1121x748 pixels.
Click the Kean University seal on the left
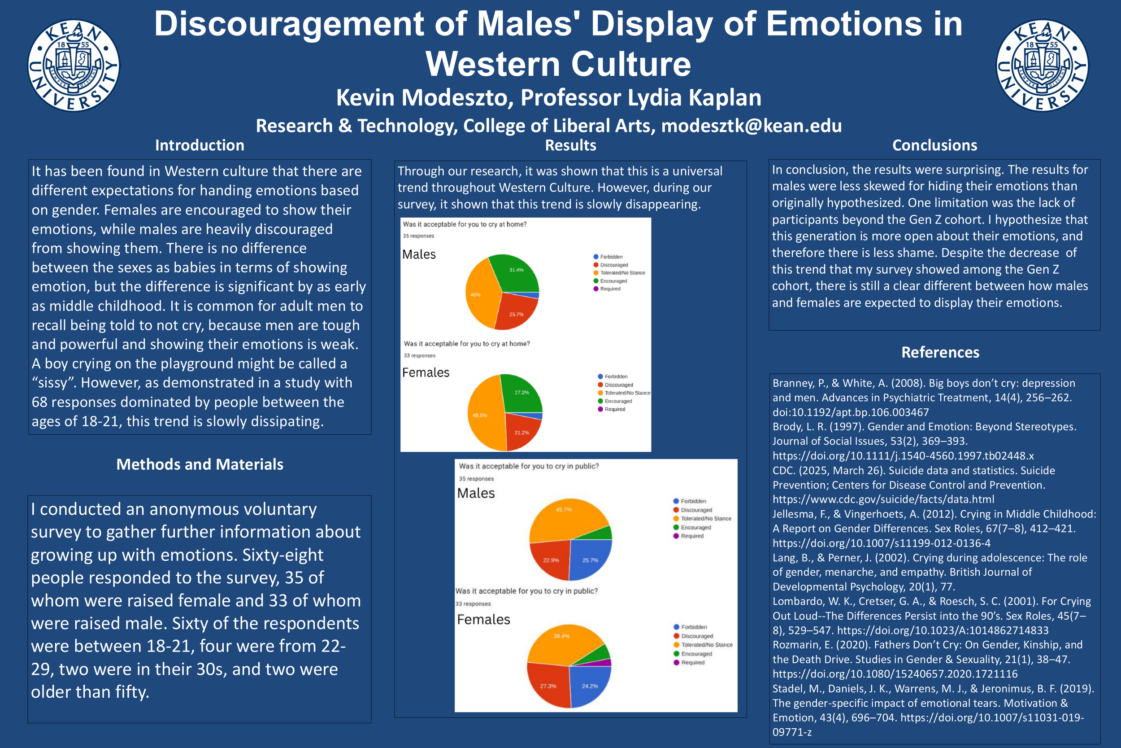(74, 66)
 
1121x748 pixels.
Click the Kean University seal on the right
(1043, 66)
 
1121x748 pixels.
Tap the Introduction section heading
(199, 145)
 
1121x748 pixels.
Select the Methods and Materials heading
(200, 464)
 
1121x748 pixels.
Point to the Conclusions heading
(934, 145)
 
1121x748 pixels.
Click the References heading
(940, 352)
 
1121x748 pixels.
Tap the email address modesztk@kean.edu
(751, 126)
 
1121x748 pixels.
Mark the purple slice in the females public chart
(607, 663)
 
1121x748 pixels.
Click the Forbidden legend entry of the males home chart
(611, 257)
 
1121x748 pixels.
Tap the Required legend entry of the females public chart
(692, 663)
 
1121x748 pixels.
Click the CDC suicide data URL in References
(883, 499)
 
